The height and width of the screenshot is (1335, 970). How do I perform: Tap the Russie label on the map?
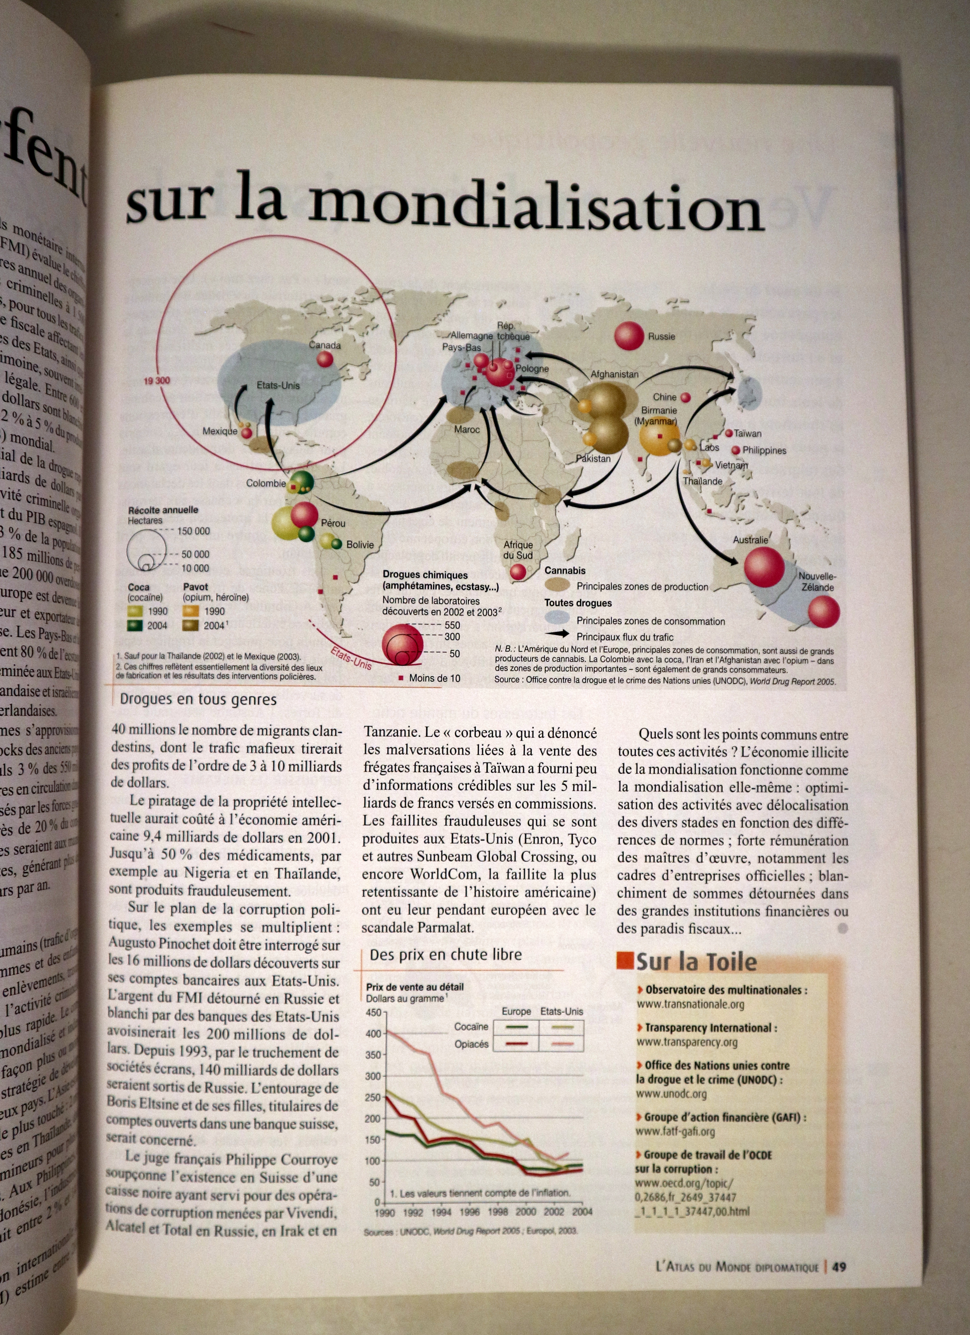(662, 337)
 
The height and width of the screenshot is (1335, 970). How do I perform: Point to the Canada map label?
(325, 346)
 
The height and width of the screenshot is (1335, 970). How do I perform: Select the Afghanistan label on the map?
(614, 374)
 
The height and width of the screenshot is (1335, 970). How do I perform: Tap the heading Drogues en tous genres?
(198, 699)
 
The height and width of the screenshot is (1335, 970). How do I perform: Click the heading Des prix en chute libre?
(446, 955)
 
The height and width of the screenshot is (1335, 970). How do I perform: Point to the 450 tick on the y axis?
(373, 1013)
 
